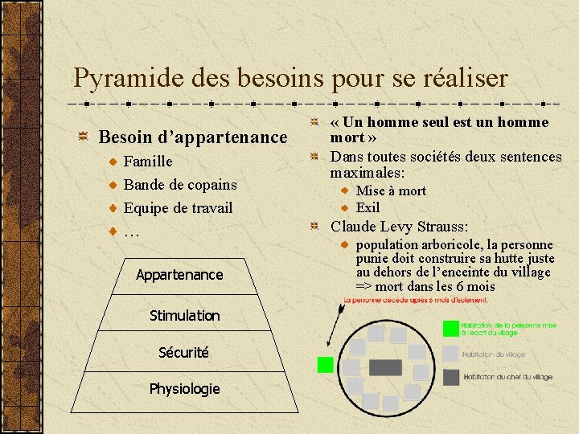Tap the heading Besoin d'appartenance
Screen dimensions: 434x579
click(x=192, y=137)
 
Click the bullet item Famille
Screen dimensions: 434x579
click(x=148, y=162)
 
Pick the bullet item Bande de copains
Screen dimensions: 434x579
click(x=180, y=185)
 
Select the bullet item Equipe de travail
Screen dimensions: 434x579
click(x=178, y=208)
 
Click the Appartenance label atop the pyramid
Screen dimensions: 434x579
click(x=179, y=275)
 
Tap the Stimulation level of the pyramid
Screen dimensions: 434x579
click(x=184, y=316)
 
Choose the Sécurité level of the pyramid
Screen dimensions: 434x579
click(x=183, y=352)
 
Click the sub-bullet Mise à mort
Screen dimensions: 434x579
click(x=391, y=191)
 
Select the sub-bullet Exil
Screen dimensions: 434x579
click(x=368, y=207)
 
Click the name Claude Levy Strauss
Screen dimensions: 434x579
click(x=400, y=226)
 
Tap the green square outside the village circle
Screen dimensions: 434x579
click(x=325, y=365)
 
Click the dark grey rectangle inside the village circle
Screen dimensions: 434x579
click(x=385, y=367)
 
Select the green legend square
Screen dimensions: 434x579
click(x=450, y=328)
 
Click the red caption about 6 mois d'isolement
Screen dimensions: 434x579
click(x=416, y=300)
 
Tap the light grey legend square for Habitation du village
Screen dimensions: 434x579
click(x=450, y=353)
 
